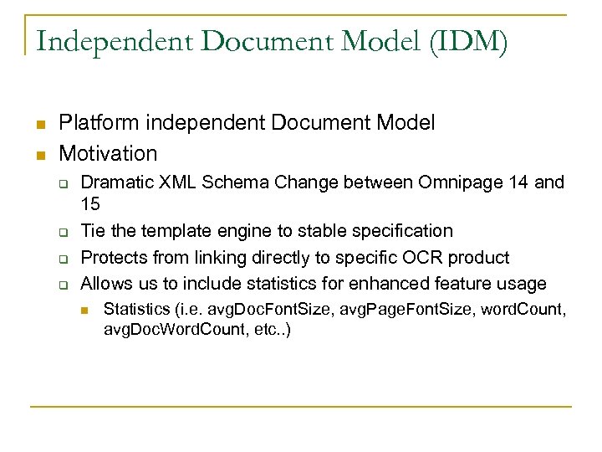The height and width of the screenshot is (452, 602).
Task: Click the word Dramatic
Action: point(117,182)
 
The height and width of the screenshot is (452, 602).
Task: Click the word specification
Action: point(394,230)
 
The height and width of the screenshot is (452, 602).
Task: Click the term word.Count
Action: point(524,311)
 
